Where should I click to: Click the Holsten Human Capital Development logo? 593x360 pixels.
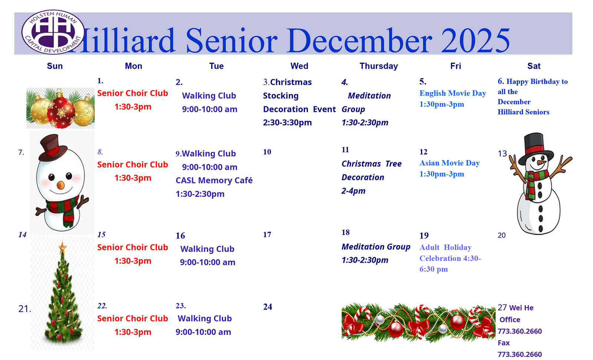tap(53, 32)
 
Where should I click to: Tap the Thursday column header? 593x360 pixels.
tap(378, 66)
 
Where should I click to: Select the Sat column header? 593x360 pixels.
tap(534, 66)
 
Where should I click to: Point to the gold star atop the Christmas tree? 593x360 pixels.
tap(63, 248)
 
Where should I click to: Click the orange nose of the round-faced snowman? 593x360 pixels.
tap(61, 185)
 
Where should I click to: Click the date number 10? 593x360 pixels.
tap(267, 152)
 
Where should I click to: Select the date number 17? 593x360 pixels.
tap(267, 234)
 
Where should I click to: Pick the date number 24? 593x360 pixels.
tap(267, 307)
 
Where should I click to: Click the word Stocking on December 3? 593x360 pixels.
tap(281, 96)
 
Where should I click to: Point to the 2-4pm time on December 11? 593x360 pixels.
tap(354, 191)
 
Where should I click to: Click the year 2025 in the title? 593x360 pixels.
tap(476, 40)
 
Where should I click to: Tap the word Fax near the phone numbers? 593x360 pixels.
tap(504, 343)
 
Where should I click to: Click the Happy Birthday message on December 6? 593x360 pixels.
tap(533, 96)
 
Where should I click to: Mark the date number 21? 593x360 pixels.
tap(24, 308)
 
